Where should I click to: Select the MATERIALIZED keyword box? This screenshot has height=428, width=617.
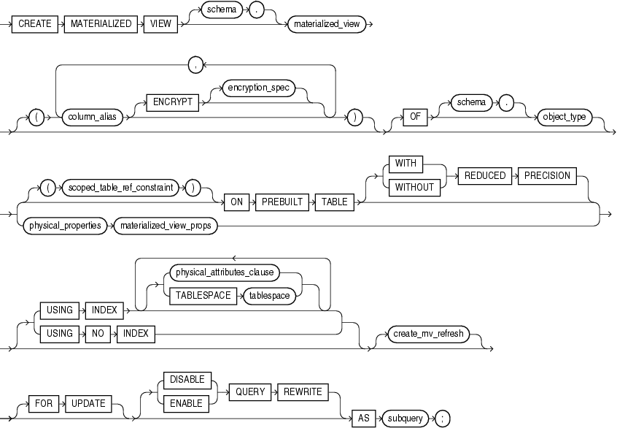coord(101,24)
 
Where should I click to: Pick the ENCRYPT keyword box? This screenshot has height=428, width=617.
coord(174,102)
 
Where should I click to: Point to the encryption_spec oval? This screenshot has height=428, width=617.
coord(257,87)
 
